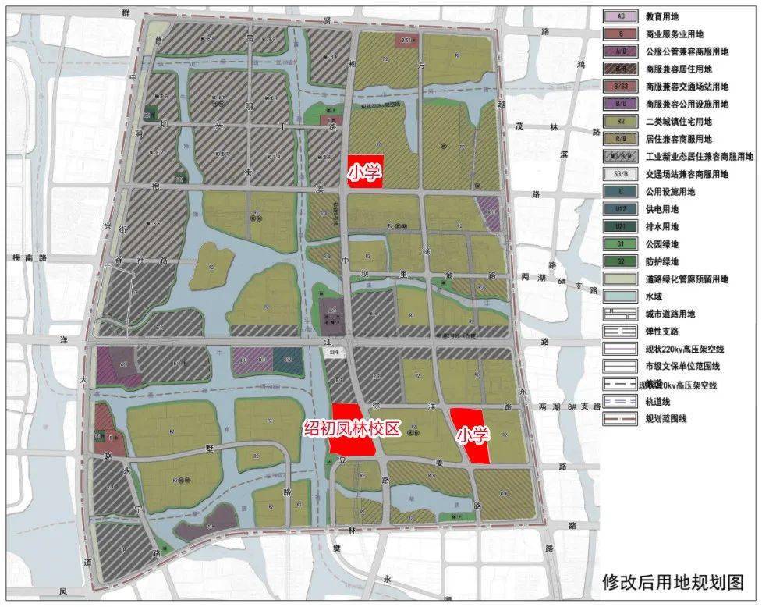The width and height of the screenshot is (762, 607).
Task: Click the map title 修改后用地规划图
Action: click(672, 582)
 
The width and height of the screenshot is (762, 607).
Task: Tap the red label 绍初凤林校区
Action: click(352, 428)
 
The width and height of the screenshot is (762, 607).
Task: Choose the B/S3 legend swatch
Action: click(621, 87)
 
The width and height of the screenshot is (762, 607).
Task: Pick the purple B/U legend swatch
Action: click(621, 104)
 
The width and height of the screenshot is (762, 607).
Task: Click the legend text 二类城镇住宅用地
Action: click(679, 122)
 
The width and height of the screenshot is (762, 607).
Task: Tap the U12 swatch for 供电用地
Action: click(621, 209)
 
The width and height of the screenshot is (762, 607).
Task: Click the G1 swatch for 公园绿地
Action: click(621, 244)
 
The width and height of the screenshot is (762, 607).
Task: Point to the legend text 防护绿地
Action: click(662, 261)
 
